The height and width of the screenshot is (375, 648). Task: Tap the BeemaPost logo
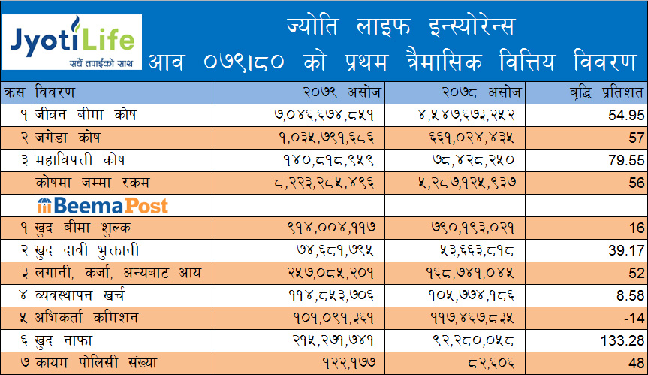pyautogui.click(x=102, y=205)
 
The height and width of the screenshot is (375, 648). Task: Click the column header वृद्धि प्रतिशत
pyautogui.click(x=598, y=92)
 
